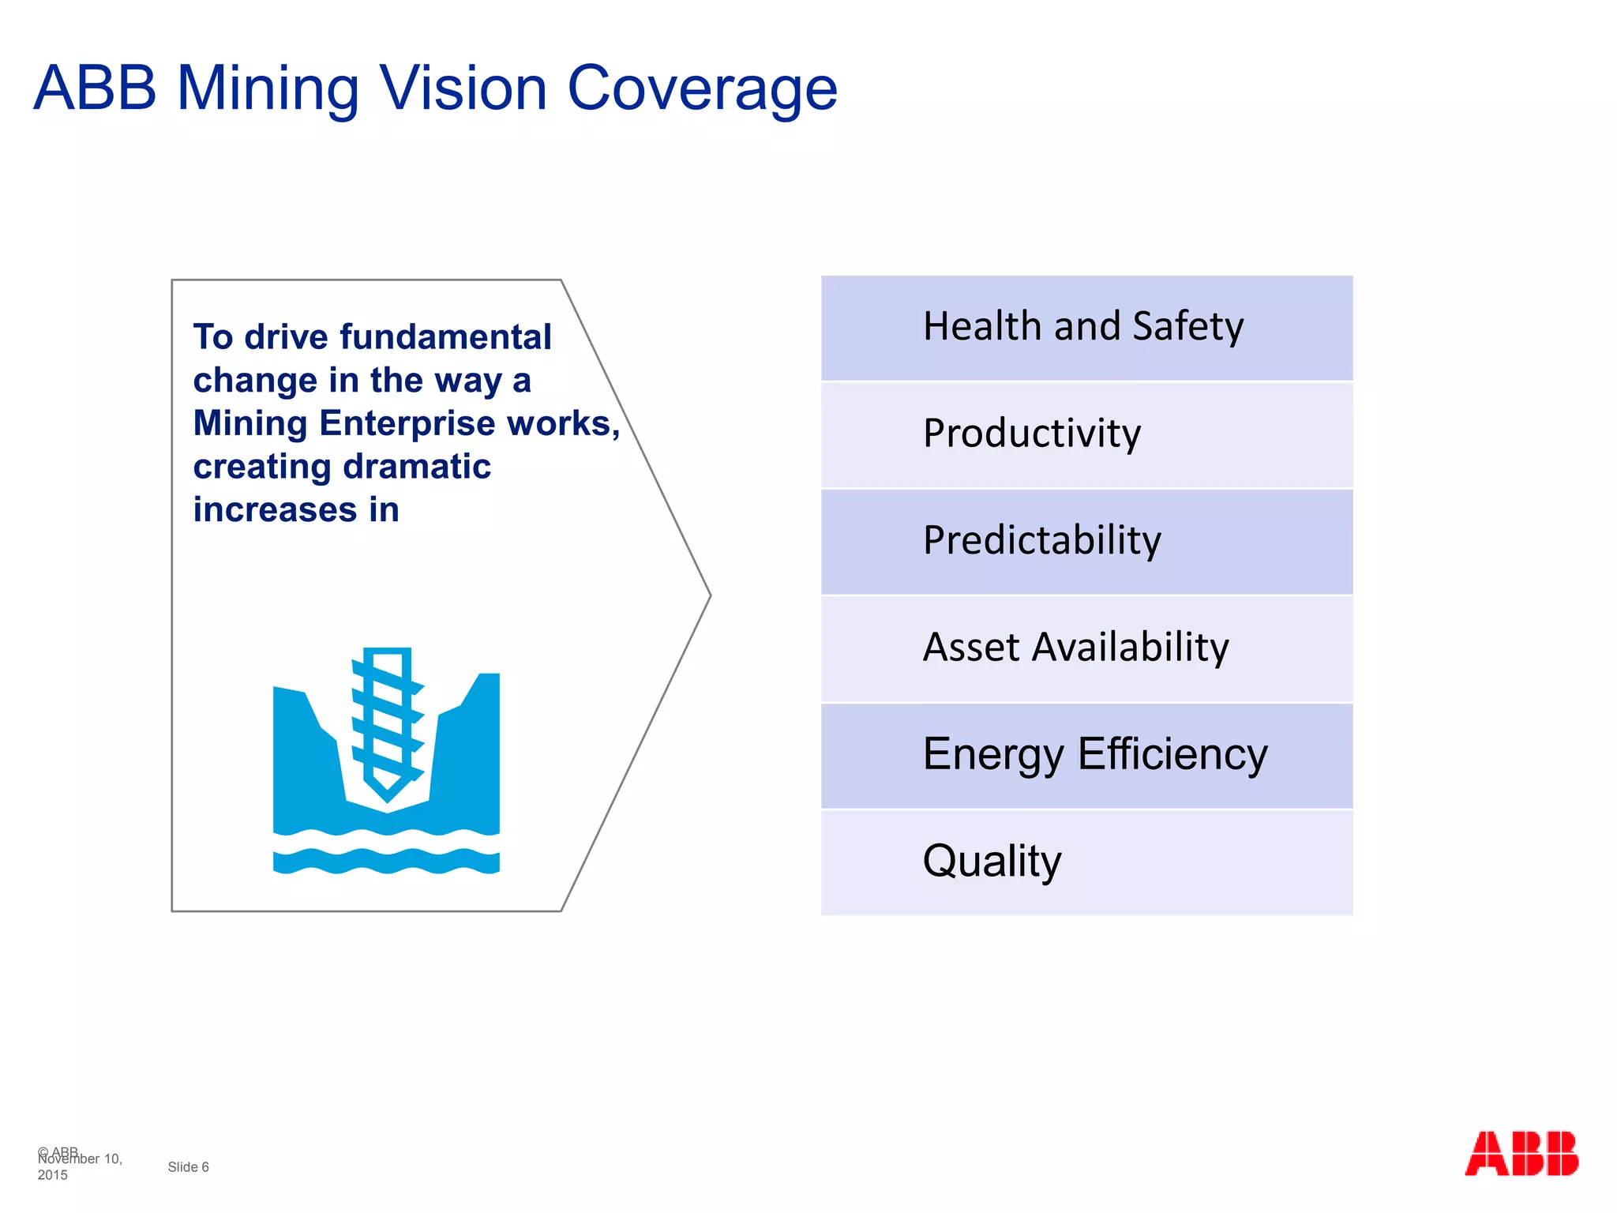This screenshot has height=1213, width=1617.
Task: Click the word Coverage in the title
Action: tap(702, 88)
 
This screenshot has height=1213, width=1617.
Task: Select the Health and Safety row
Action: tap(1086, 328)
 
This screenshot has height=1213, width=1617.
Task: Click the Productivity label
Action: tap(1031, 434)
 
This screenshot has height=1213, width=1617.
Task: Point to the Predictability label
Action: tap(1041, 541)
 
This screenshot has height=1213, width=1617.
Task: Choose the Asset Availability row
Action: tap(1086, 648)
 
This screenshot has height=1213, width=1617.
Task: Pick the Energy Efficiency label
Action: tap(1094, 754)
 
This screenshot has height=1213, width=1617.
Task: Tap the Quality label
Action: tap(992, 861)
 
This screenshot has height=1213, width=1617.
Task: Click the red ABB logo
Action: tap(1521, 1154)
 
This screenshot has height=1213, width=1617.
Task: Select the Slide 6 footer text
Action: tap(188, 1167)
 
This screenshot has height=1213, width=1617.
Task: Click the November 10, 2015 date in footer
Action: tap(79, 1166)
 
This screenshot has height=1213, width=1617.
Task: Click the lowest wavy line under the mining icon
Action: tap(386, 862)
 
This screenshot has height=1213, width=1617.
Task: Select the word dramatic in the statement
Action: tap(418, 467)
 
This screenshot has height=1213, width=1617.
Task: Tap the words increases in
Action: tap(296, 510)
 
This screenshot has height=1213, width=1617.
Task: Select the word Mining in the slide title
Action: tap(268, 88)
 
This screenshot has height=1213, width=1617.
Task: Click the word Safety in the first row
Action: tap(1187, 327)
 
